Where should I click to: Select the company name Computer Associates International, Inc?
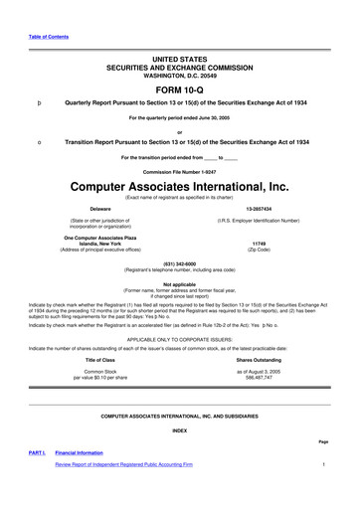point(179,186)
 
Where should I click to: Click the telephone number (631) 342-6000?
point(179,263)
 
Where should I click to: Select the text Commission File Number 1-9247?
point(179,170)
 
